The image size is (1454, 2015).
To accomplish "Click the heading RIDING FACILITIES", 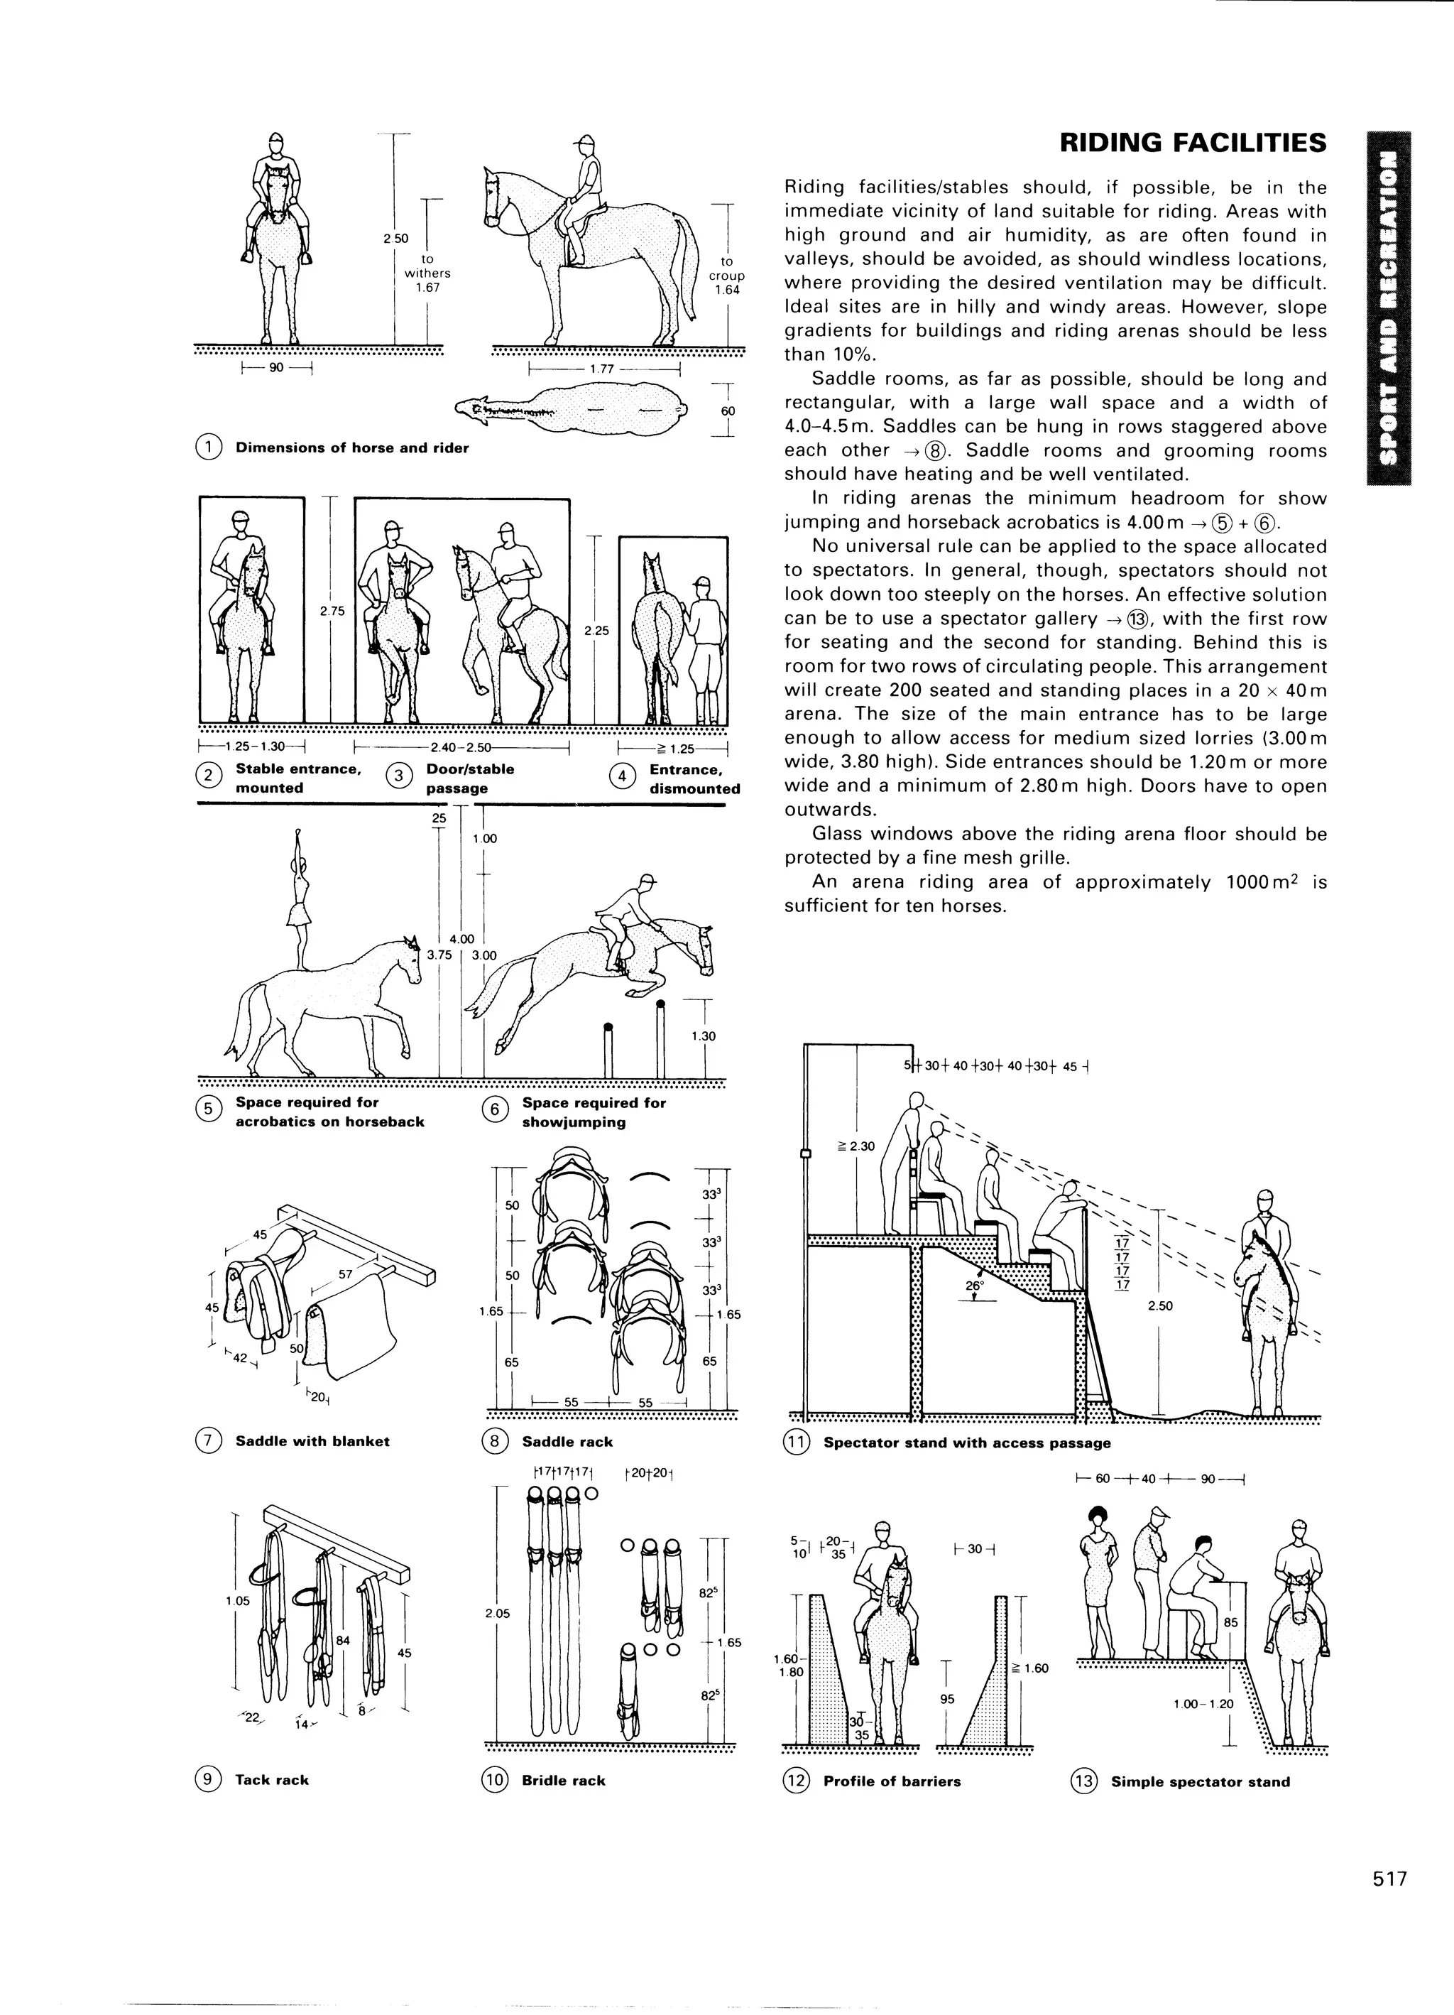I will (x=1193, y=143).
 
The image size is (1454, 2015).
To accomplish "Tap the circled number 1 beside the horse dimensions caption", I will (x=208, y=447).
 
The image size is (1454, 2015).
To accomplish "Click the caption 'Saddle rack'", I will (x=567, y=1441).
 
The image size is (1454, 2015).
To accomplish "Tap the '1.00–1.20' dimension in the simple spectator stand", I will (x=1203, y=1704).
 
